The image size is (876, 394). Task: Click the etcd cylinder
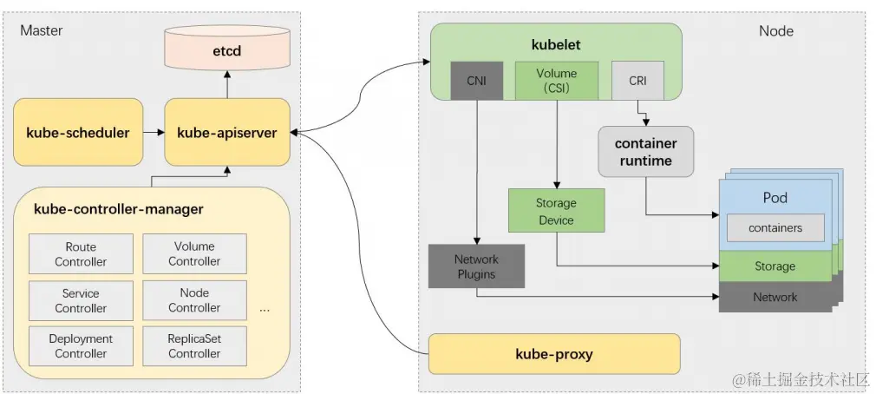tap(227, 52)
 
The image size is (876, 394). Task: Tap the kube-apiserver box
tap(227, 133)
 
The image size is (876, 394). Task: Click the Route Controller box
tap(81, 254)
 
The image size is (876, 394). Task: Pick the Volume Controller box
tap(194, 253)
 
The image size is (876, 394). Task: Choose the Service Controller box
tap(81, 301)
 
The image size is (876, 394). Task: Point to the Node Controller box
tap(194, 300)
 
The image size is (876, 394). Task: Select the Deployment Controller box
tap(81, 346)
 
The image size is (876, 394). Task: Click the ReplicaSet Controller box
tap(194, 346)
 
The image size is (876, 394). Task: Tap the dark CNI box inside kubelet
tap(476, 81)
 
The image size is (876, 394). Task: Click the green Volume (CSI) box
tap(556, 80)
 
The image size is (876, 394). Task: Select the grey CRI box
tap(637, 81)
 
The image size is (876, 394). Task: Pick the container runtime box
tap(645, 152)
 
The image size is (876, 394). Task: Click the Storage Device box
tap(556, 212)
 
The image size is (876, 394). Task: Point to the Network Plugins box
tap(475, 267)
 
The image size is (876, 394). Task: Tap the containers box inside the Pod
tap(775, 228)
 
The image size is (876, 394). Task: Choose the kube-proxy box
tap(554, 354)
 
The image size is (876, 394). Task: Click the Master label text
tap(41, 30)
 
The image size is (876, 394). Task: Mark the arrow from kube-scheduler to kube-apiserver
tap(154, 133)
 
